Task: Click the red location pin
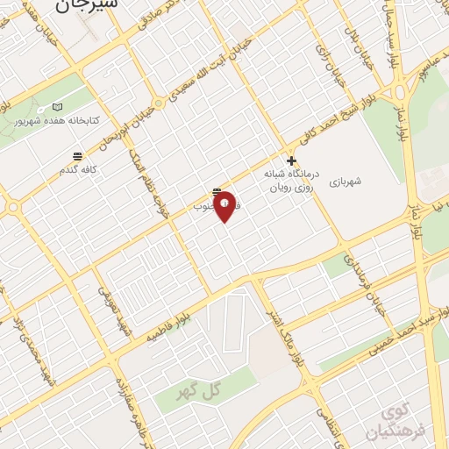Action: [x=224, y=206]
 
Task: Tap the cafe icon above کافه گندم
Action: [x=77, y=155]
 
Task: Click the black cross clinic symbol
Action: [x=291, y=161]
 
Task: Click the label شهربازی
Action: [x=351, y=182]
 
